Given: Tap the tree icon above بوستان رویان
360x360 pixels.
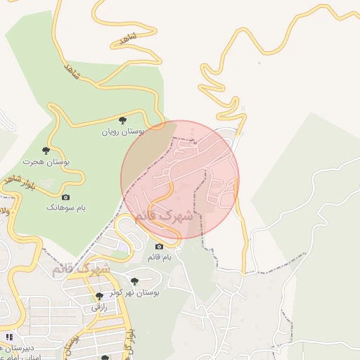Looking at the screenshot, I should pos(123,120).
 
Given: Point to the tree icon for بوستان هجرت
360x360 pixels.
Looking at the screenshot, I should pos(46,150).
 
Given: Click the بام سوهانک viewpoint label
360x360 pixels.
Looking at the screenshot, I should pos(65,207).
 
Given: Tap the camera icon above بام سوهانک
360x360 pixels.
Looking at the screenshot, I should pos(66,197).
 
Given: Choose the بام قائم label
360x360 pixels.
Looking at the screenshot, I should pos(159,257).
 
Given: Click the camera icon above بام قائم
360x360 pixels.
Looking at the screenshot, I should pos(159,246).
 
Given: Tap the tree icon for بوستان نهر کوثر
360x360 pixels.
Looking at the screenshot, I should pos(134,281).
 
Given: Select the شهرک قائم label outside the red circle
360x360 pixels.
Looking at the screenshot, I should pos(81,269).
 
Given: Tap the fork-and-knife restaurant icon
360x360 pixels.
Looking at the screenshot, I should pos(8,337).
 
